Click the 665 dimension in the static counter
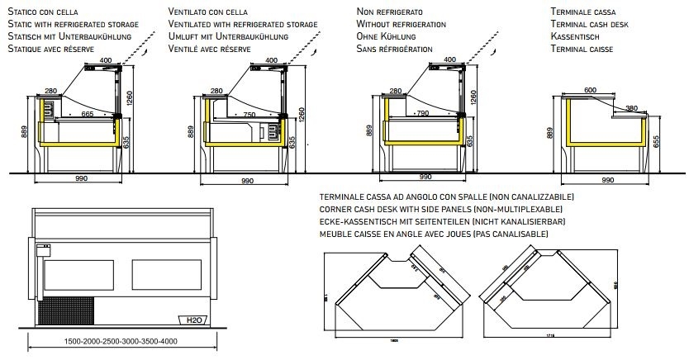coord(88,114)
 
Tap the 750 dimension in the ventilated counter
coord(247,114)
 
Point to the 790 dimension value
coord(421,114)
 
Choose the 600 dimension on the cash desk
coord(590,89)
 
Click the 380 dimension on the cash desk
coord(630,107)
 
